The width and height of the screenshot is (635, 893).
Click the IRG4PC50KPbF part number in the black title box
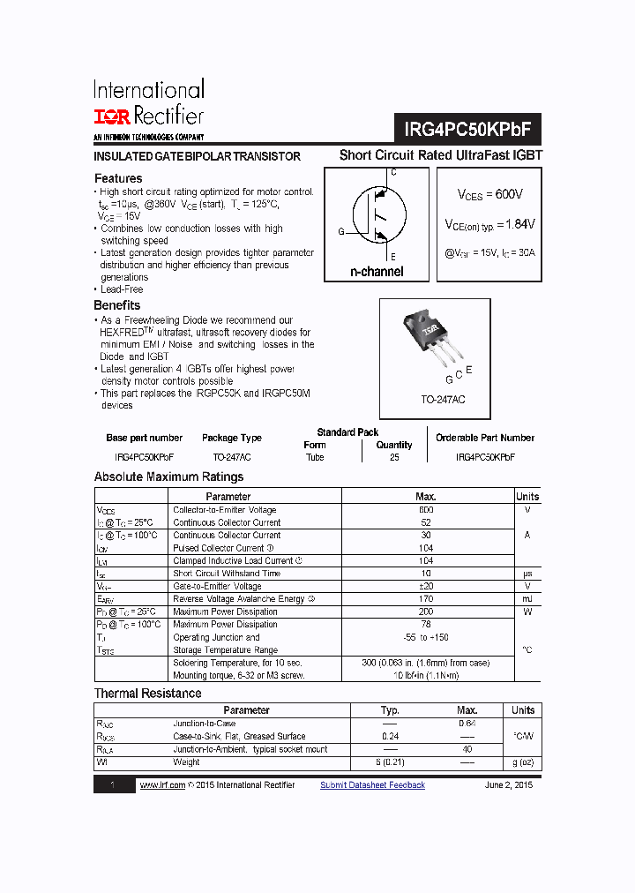click(x=468, y=129)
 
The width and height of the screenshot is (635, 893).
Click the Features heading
click(x=118, y=178)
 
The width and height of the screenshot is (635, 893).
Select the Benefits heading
click(x=117, y=305)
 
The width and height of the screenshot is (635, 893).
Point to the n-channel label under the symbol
click(x=377, y=272)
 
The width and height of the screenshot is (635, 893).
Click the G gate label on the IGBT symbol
click(x=340, y=232)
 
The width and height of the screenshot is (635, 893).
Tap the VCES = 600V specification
click(x=489, y=194)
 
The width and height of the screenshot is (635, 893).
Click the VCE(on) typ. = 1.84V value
click(x=489, y=225)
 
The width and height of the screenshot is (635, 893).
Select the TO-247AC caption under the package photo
click(x=443, y=400)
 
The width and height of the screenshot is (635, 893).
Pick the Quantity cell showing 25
click(x=393, y=457)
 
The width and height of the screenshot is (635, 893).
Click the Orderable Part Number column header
click(x=485, y=438)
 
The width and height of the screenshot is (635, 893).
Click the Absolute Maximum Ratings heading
click(x=168, y=477)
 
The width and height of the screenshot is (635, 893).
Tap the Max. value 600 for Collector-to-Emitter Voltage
click(x=426, y=510)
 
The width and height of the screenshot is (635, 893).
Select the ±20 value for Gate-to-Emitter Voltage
click(x=426, y=586)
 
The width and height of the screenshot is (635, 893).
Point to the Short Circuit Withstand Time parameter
click(x=227, y=574)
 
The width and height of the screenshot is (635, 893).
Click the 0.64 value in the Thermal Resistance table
click(x=467, y=724)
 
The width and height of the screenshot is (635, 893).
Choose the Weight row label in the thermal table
click(x=186, y=762)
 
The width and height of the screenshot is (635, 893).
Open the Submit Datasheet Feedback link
click(x=372, y=785)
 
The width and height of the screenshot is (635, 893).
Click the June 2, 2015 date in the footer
click(x=508, y=785)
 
